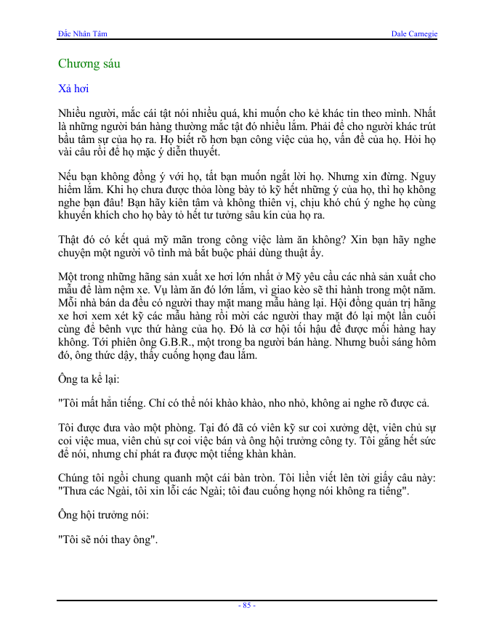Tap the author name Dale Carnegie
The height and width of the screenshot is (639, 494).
click(414, 33)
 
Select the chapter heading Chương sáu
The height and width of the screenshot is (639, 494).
click(89, 64)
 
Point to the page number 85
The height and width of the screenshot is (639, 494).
click(247, 605)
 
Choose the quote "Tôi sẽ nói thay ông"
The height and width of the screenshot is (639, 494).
click(109, 540)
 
